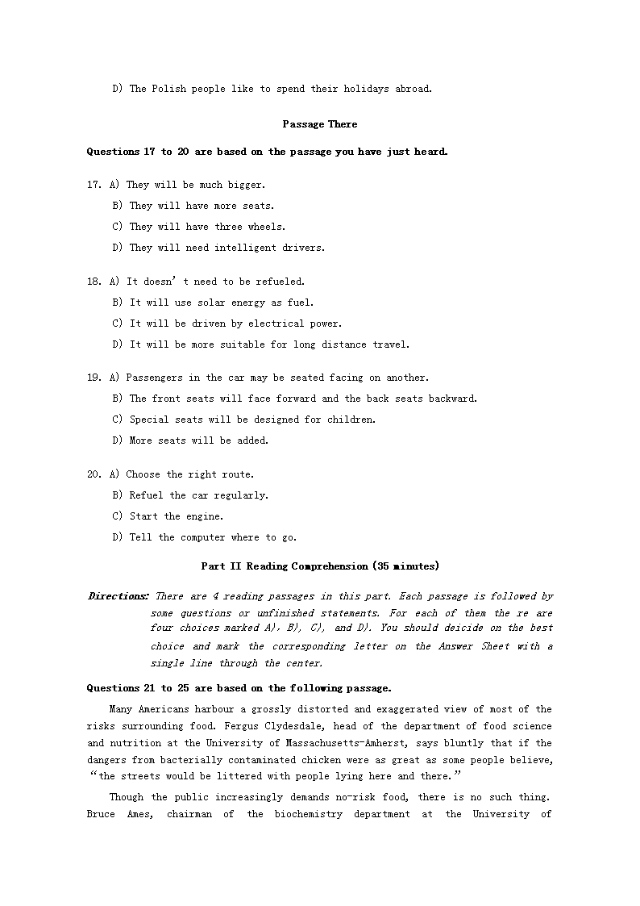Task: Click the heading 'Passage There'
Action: point(320,124)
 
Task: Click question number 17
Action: point(94,185)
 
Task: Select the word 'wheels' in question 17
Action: point(265,227)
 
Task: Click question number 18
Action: point(94,282)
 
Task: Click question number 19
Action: point(94,378)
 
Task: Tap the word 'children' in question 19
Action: point(351,420)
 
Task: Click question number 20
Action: point(94,474)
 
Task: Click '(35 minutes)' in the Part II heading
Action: point(405,566)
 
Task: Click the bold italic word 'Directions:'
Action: point(118,596)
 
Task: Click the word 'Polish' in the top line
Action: point(171,89)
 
